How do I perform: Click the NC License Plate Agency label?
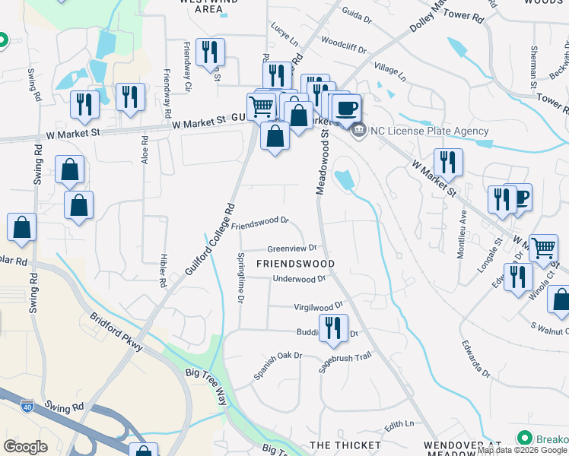(430, 131)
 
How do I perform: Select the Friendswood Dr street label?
(261, 223)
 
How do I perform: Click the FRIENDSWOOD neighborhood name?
(295, 264)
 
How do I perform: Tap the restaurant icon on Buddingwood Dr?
(332, 328)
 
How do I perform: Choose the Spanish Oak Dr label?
(278, 366)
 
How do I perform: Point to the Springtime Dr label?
(240, 279)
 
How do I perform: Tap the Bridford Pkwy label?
(116, 332)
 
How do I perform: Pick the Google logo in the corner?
(25, 447)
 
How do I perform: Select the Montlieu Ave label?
(462, 234)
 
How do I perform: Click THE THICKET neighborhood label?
(345, 445)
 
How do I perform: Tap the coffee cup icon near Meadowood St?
(346, 108)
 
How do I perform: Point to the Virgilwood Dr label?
(319, 307)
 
